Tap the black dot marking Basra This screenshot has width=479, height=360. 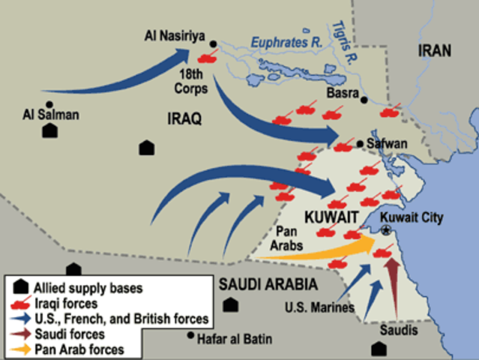364,100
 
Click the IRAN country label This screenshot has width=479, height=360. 436,52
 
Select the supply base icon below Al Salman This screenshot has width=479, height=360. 50,130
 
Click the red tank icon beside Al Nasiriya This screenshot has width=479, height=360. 206,56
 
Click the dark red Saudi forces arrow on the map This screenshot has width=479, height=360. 391,281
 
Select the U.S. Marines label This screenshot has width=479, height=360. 319,306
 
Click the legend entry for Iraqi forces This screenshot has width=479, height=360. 64,302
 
